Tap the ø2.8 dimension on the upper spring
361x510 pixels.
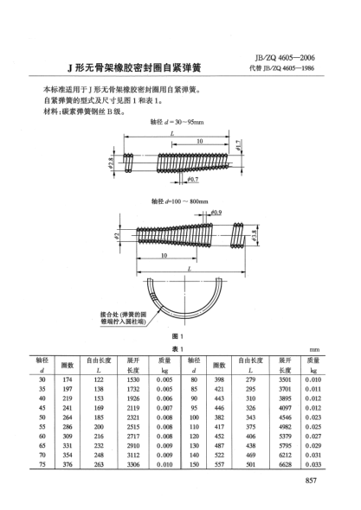point(113,162)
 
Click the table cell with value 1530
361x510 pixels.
point(133,379)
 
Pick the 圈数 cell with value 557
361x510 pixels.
point(219,465)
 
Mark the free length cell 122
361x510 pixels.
point(99,379)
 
